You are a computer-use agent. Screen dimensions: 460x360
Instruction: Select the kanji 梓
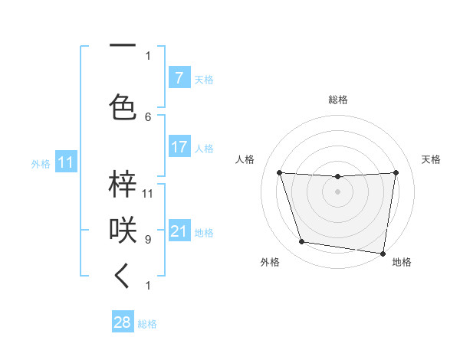pos(123,184)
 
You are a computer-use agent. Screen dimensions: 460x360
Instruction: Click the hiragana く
pos(123,277)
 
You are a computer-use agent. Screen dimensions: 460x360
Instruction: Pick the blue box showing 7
pos(179,78)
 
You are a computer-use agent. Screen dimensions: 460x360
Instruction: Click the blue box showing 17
pos(179,147)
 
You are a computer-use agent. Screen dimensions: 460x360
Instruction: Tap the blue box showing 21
pos(179,231)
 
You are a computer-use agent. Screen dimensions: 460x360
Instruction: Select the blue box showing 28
pos(123,322)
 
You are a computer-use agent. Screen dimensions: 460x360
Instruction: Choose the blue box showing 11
pos(65,162)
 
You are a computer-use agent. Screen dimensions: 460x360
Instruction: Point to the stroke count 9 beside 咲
pos(148,239)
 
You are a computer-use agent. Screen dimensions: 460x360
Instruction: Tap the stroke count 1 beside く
pos(148,286)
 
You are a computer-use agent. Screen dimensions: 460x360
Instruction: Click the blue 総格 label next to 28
pos(147,324)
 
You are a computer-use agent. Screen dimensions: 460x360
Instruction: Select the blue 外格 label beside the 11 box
pos(41,163)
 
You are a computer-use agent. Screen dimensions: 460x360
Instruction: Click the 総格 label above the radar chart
pos(337,100)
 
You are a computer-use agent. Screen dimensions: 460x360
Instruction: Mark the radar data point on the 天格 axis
pos(396,172)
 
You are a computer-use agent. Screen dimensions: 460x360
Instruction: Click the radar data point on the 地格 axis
pos(382,253)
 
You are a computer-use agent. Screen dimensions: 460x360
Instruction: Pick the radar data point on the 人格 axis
pos(279,172)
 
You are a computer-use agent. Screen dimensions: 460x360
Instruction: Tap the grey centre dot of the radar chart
pos(337,191)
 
